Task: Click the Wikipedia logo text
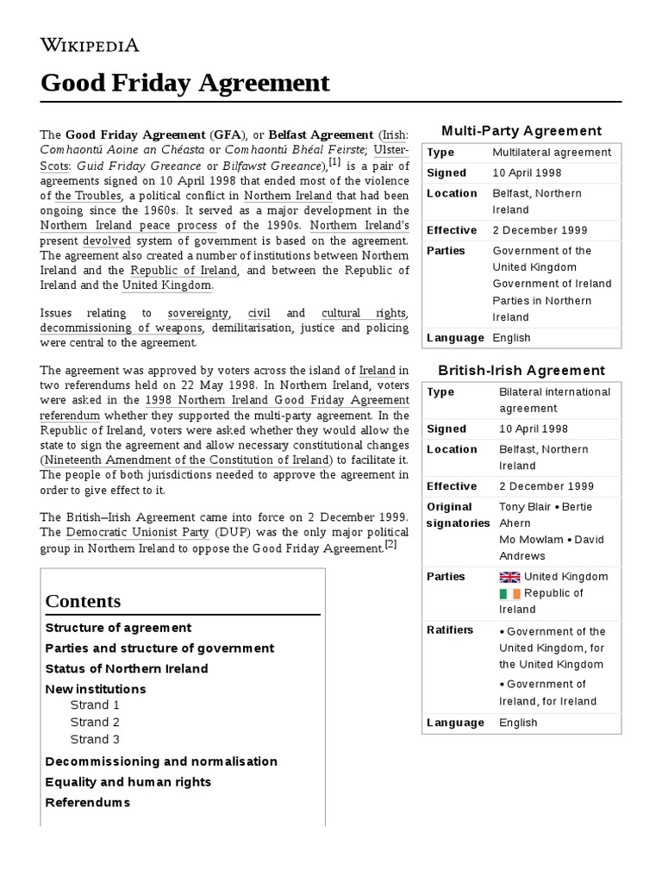pyautogui.click(x=90, y=46)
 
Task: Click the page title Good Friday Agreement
pyautogui.click(x=185, y=83)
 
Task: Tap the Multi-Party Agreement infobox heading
pyautogui.click(x=521, y=131)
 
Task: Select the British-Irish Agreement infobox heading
pyautogui.click(x=521, y=371)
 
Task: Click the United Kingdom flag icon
pyautogui.click(x=510, y=577)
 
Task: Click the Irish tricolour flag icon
pyautogui.click(x=510, y=593)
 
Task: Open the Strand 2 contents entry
pyautogui.click(x=95, y=722)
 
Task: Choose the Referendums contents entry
pyautogui.click(x=87, y=803)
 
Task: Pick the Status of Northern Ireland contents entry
pyautogui.click(x=126, y=669)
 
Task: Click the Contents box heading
pyautogui.click(x=83, y=601)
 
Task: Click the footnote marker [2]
pyautogui.click(x=390, y=545)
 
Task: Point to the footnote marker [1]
pyautogui.click(x=334, y=162)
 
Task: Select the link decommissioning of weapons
pyautogui.click(x=121, y=328)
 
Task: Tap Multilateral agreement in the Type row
pyautogui.click(x=551, y=153)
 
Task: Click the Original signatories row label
pyautogui.click(x=458, y=515)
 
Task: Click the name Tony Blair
pyautogui.click(x=528, y=507)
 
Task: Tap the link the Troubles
pyautogui.click(x=87, y=196)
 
